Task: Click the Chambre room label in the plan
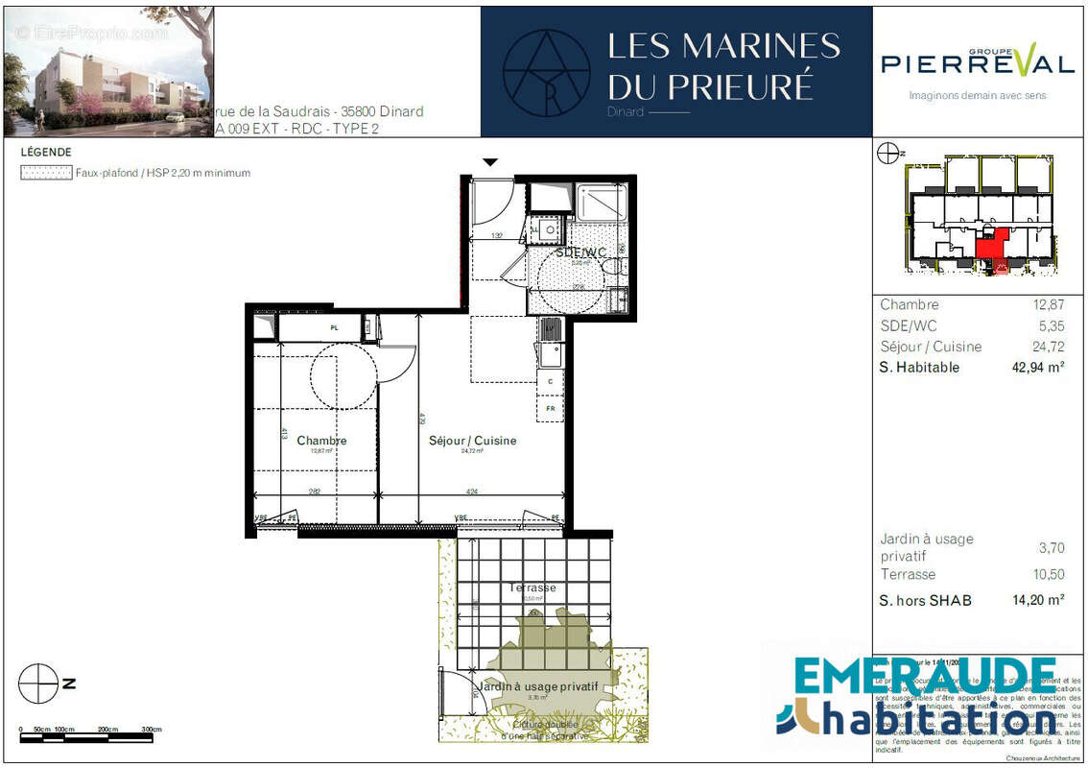pos(321,441)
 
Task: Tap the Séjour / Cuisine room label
pos(472,441)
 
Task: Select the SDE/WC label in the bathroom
pos(581,252)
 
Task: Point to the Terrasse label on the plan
pos(532,588)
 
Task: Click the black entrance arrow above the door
pos(490,162)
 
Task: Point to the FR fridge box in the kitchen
pos(551,407)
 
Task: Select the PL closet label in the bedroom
pos(334,328)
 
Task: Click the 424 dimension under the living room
pos(471,492)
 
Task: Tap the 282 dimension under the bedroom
pos(315,492)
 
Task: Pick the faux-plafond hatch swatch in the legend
pos(46,174)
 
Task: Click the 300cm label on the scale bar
pos(151,730)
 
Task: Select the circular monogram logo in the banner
pos(547,72)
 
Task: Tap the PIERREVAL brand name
pos(978,63)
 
